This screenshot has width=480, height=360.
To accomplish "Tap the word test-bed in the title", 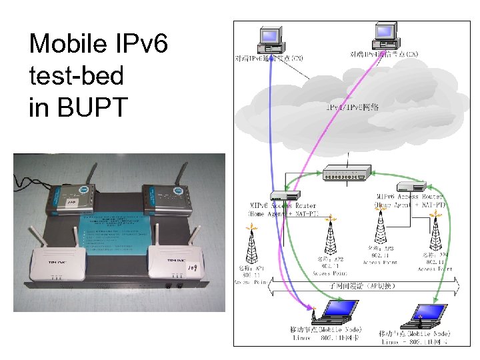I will pos(77,75).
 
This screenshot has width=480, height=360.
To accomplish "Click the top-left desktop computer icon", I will pos(271,41).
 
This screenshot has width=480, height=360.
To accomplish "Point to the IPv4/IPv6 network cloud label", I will pos(353,107).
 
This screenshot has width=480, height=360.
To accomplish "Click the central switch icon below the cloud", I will pos(345,174).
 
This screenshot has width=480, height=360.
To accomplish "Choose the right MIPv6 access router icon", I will pos(408,187).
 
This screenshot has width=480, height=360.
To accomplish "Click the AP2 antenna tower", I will pos(329,237).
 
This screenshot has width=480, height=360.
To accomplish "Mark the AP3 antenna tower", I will pos(381,230).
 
